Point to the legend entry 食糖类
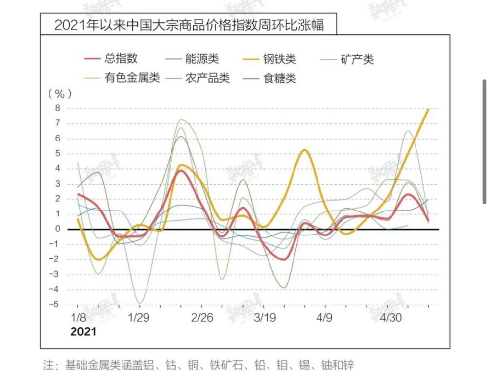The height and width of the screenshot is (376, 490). coord(280,77)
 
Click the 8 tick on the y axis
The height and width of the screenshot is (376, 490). coord(57,108)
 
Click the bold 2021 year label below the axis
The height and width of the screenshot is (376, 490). coord(83,331)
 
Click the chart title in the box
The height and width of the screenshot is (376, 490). coord(189,24)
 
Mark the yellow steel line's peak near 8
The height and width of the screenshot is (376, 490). coord(429,109)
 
